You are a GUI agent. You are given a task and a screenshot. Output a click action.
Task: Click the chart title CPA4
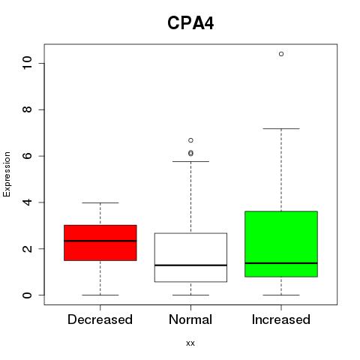pos(190,23)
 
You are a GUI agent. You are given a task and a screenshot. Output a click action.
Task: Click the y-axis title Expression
pos(7,174)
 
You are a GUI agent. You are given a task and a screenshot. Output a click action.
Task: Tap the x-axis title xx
pos(190,343)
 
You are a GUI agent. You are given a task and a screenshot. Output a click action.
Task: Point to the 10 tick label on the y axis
pos(27,63)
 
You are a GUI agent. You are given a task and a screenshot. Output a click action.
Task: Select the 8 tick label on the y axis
pos(27,109)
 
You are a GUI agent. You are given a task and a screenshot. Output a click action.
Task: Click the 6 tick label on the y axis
pos(27,156)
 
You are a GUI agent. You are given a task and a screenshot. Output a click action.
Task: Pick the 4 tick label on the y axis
pos(27,202)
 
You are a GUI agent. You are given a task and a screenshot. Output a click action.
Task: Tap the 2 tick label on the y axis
pos(27,248)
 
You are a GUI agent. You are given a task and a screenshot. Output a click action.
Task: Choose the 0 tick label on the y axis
pos(27,295)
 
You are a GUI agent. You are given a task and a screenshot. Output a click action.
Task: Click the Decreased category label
pos(100,319)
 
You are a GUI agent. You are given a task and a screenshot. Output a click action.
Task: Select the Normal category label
pos(190,319)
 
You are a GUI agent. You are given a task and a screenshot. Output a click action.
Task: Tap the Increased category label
pos(281,319)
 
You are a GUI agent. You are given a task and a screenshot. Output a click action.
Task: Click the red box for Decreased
pos(100,243)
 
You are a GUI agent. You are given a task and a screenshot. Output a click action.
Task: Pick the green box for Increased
pos(281,244)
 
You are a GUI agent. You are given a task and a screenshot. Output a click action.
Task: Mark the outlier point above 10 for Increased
pos(281,54)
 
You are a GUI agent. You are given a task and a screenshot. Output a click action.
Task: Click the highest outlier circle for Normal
pos(190,140)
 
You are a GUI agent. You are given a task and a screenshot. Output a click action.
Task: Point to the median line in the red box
pos(100,241)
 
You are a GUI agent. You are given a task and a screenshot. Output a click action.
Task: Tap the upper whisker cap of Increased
pos(281,128)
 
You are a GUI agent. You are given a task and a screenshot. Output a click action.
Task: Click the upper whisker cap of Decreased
pos(100,202)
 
